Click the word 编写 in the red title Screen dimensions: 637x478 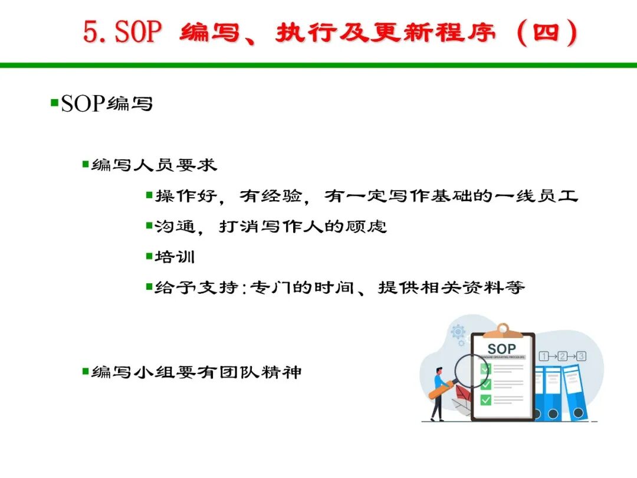(209, 32)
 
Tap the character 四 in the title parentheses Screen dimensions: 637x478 (546, 32)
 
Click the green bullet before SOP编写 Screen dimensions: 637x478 (54, 102)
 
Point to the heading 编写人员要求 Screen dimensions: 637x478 (154, 165)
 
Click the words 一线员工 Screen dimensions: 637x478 (536, 196)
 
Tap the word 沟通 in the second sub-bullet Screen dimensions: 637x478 (175, 227)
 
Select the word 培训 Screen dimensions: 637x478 (175, 257)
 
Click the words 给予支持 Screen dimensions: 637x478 (196, 287)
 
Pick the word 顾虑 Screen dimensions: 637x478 (366, 227)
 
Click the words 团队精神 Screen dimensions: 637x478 (261, 372)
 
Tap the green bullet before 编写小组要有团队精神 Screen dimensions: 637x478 (86, 371)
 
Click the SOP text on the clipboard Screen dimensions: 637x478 (502, 349)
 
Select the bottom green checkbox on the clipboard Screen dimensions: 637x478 (486, 400)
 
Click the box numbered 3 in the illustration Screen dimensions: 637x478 (582, 356)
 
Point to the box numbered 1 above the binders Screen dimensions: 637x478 (544, 356)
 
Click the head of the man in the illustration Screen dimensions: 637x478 (439, 372)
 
